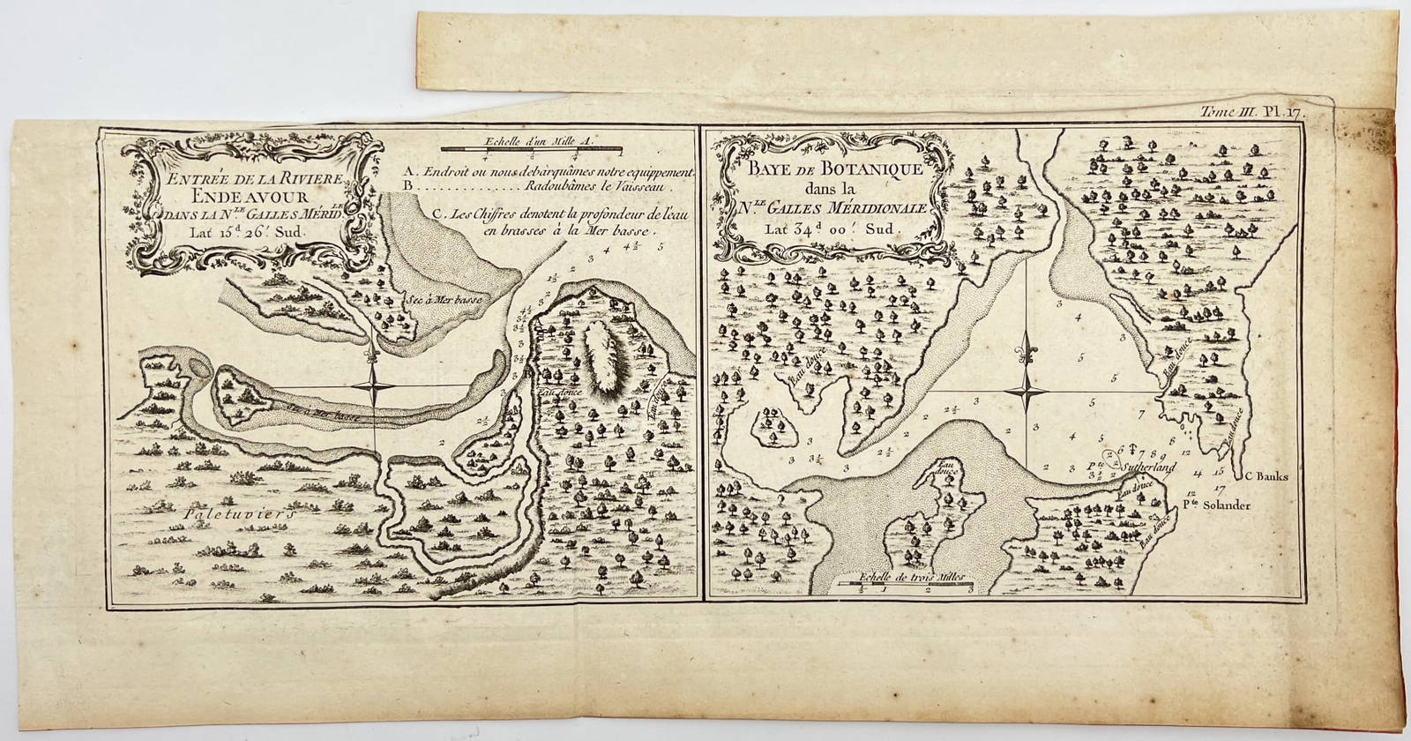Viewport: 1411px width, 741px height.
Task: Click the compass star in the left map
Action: (x=376, y=388)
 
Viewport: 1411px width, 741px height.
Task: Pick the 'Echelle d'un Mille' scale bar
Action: (x=534, y=150)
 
